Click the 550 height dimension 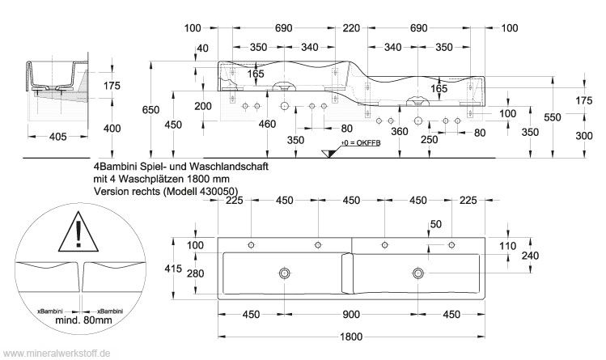coord(552,118)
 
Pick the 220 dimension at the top coord(351,28)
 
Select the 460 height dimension coord(266,124)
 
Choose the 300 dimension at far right coord(584,136)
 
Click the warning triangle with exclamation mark coord(78,231)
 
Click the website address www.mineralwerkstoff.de coord(57,354)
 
